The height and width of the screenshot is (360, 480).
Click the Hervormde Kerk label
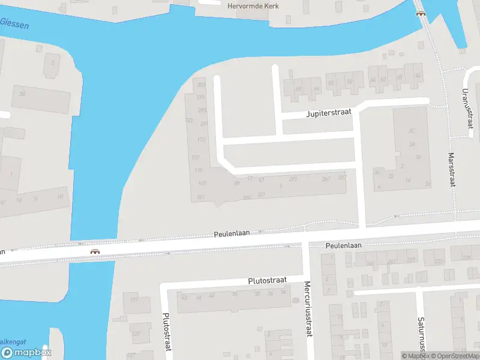click(254, 6)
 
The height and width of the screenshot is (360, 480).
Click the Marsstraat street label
click(451, 169)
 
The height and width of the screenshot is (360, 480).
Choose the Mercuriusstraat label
click(308, 308)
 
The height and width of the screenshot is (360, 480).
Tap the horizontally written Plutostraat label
click(268, 280)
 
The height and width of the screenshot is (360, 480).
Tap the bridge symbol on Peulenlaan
click(94, 251)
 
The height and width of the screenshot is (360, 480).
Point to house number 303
click(201, 85)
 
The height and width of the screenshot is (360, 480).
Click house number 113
click(201, 140)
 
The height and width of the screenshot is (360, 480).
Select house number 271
click(293, 179)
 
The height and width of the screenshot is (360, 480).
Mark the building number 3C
click(412, 131)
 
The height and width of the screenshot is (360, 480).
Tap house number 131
click(135, 299)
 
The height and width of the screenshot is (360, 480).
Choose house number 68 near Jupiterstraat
click(298, 89)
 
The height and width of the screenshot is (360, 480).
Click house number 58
click(350, 82)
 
